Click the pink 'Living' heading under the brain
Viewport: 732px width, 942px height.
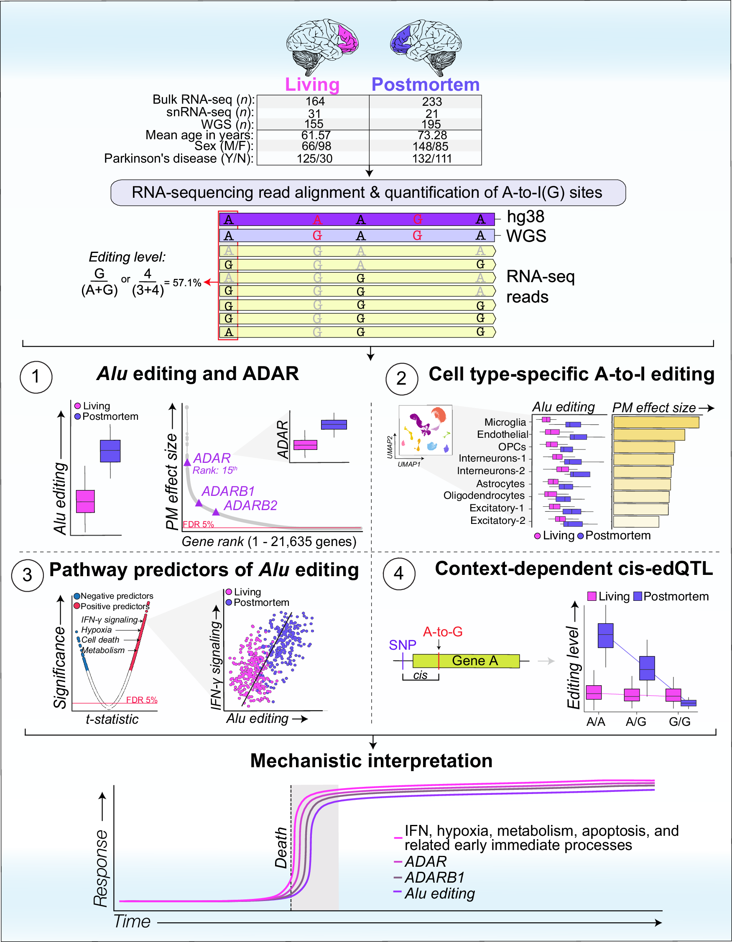click(x=312, y=84)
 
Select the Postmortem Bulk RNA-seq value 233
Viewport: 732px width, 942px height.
click(x=432, y=102)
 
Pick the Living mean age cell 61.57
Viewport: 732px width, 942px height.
click(x=315, y=135)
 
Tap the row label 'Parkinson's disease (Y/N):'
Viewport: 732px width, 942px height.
click(x=179, y=158)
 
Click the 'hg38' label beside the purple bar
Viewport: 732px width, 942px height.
click(x=525, y=217)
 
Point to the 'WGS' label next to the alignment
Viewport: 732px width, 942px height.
click(x=526, y=236)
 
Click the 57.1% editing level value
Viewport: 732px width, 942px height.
click(x=187, y=283)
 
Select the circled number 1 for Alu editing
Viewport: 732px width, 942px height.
click(x=36, y=377)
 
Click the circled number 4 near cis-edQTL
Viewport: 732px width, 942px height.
click(x=399, y=573)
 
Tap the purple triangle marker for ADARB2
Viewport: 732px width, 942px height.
click(x=216, y=513)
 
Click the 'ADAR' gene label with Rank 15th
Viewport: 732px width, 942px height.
click(x=212, y=458)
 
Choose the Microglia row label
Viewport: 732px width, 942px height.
click(x=505, y=422)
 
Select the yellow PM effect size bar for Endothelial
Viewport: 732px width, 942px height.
click(x=649, y=434)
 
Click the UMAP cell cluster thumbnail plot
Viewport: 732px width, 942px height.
click(x=425, y=429)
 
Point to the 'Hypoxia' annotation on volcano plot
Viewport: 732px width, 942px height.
click(x=97, y=630)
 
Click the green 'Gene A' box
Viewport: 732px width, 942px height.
click(x=474, y=661)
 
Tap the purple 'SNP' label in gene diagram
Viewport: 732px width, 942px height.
click(x=402, y=645)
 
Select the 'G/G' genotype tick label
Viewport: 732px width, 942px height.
click(x=679, y=722)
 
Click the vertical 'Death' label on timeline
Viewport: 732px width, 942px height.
click(x=281, y=848)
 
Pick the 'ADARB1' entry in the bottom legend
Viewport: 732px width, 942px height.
click(x=434, y=878)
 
